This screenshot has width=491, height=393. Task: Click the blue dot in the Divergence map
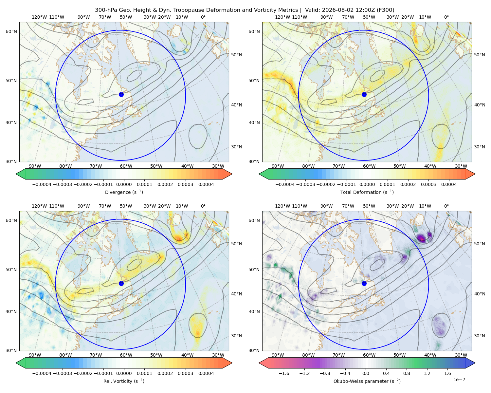tap(121, 94)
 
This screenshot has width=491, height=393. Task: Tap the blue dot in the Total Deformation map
tap(364, 94)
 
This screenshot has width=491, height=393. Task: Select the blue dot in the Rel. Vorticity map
tap(121, 283)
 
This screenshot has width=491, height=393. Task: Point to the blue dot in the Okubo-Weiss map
tap(364, 283)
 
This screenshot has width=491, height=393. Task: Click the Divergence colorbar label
tap(124, 192)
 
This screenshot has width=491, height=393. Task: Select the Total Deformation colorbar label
tap(367, 192)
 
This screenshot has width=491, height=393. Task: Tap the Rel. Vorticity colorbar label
tap(124, 381)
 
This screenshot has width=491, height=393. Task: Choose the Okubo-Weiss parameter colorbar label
tap(367, 381)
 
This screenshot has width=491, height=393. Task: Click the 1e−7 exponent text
tap(459, 380)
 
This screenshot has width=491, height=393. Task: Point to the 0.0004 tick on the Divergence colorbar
tap(206, 184)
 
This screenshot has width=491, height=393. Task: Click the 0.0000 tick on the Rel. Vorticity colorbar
tap(124, 373)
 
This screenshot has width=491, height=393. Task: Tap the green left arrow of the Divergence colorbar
tap(21, 174)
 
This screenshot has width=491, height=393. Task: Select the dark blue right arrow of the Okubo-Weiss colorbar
tap(470, 363)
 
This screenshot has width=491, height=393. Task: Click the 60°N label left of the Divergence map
tap(11, 31)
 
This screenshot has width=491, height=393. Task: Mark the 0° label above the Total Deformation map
tap(446, 17)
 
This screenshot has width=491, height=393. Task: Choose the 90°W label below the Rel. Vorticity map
tap(35, 355)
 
